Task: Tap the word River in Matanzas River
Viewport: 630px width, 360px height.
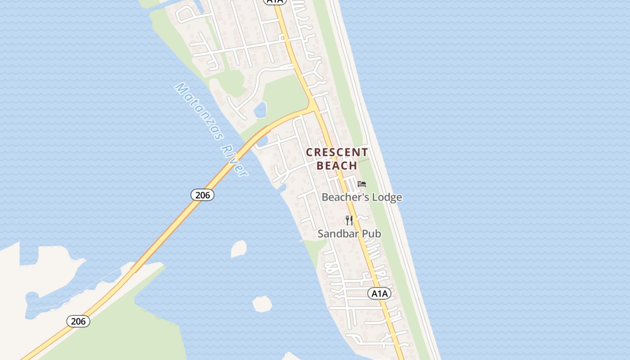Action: coord(234,159)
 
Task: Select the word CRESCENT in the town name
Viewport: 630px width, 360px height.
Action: coord(337,153)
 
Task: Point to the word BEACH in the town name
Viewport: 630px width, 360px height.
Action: coord(337,166)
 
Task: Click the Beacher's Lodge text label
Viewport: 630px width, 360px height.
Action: coord(362,198)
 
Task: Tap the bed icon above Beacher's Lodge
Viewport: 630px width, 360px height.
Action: coord(362,184)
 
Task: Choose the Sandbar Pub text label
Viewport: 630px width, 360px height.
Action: coord(349,234)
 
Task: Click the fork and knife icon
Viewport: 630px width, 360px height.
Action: coord(349,220)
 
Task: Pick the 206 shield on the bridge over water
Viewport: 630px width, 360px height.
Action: coord(202,195)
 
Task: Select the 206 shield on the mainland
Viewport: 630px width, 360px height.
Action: coord(78,321)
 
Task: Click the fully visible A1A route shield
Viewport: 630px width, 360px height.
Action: coord(379,294)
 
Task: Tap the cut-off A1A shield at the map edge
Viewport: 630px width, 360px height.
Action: coord(274,2)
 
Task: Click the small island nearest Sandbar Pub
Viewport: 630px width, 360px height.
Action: coord(239,249)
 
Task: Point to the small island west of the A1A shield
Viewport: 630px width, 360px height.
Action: coord(262,304)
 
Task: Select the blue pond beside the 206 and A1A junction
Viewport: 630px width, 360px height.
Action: coord(260,109)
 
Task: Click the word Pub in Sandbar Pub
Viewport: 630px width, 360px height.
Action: coord(372,234)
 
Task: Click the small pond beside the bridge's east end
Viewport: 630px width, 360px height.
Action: coord(262,141)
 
